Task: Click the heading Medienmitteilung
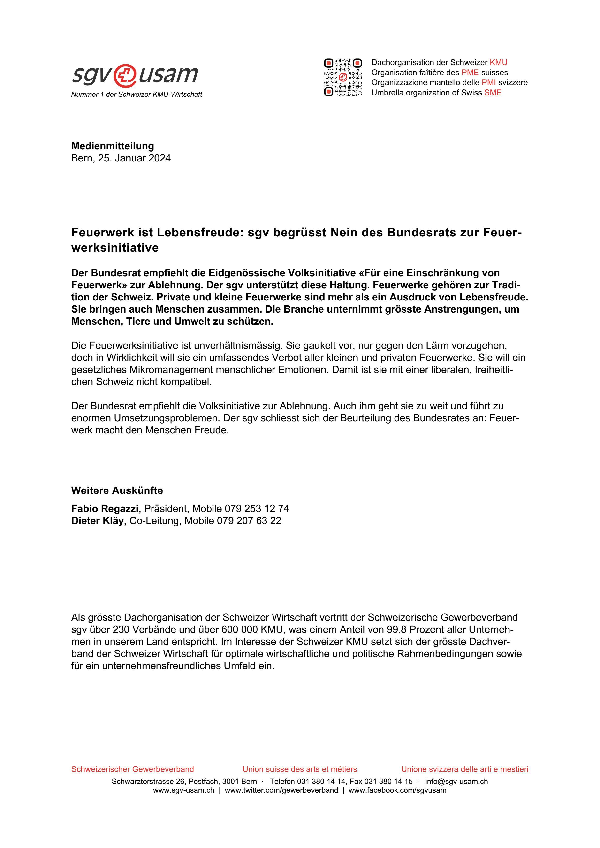(x=112, y=146)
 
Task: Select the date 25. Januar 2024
(x=134, y=158)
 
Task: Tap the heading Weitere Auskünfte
(x=117, y=490)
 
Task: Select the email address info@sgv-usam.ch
(x=456, y=782)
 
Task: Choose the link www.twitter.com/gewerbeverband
(x=281, y=790)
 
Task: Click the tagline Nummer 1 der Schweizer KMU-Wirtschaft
(x=137, y=95)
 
